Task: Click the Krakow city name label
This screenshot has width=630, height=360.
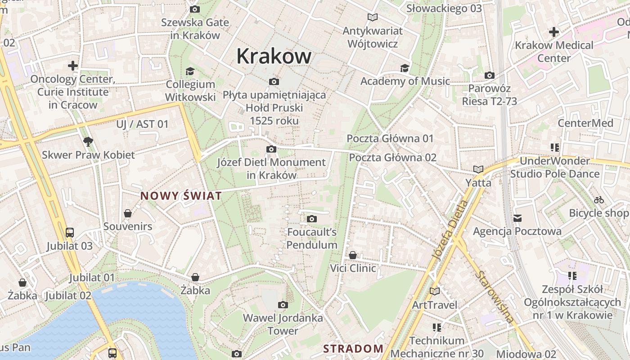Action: coord(274,56)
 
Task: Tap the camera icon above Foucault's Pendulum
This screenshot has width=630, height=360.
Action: coord(311,219)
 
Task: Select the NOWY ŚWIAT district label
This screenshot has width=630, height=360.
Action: coord(181,196)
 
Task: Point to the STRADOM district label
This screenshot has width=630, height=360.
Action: coord(353,348)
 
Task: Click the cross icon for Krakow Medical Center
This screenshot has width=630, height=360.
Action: coord(554,32)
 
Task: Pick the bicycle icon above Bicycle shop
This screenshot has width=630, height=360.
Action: coord(599,200)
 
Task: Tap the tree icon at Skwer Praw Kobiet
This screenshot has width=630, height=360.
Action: coord(88,142)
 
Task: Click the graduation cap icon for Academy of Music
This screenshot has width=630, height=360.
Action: coord(405,68)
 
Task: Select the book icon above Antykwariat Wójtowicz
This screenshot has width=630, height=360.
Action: coord(372,18)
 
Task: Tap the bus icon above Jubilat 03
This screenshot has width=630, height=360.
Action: coord(70,233)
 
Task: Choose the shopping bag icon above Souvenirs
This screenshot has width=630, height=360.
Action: coord(128,213)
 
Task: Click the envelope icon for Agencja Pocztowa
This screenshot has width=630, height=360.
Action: coord(517,218)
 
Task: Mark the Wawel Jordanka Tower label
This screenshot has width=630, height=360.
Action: coord(283,324)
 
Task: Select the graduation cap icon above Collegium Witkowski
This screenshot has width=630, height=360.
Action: coord(190,71)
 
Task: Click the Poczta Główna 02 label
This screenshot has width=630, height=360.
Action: coord(393,157)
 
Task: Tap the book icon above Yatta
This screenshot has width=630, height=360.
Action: coord(478,170)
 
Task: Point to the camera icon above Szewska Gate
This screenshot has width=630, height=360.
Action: coord(195,9)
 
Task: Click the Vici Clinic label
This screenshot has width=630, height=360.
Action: coord(353,268)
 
